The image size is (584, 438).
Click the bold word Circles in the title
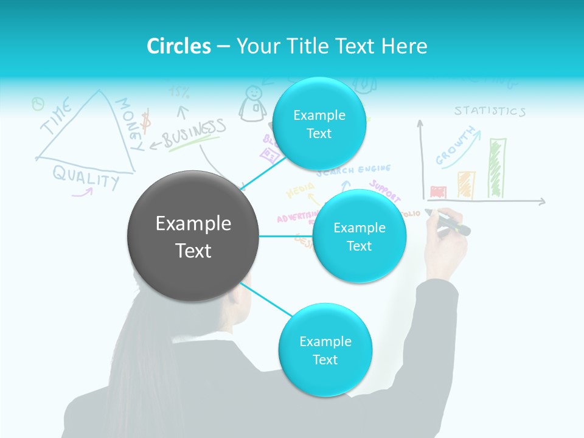179,46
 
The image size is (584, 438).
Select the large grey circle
193,236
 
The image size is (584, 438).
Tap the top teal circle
319,124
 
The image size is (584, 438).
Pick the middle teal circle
359,236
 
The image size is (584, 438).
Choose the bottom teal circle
324,350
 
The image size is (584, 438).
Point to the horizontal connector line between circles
285,236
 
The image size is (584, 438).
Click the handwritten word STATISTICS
490,111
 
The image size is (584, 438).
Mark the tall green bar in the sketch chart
497,168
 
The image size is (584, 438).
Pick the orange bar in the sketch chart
466,184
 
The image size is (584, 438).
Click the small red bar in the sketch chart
438,192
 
